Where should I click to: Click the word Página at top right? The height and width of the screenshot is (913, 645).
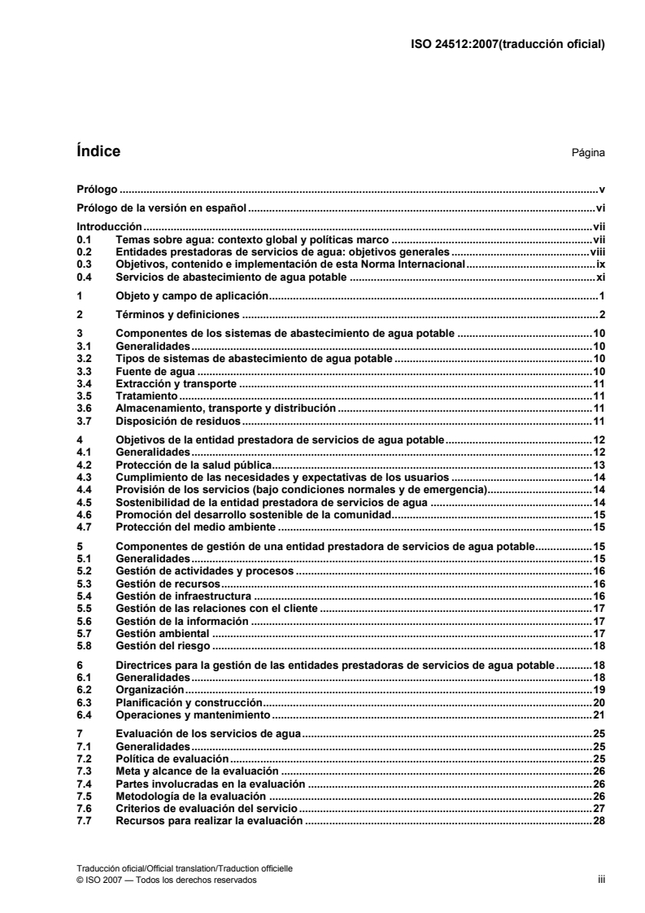tap(590, 153)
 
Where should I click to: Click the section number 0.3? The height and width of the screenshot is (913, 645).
tap(82, 265)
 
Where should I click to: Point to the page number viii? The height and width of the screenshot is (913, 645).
tap(598, 253)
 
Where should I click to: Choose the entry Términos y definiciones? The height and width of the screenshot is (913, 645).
tap(177, 313)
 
